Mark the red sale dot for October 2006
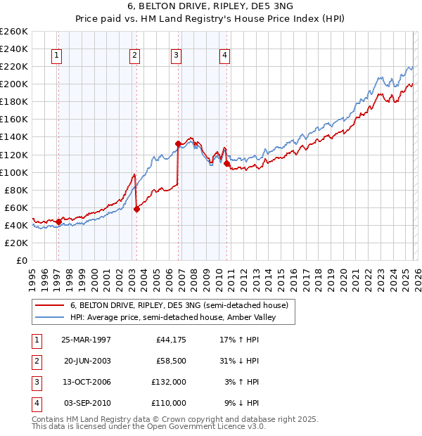point(178,144)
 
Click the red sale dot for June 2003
point(137,209)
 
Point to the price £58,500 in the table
point(171,361)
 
